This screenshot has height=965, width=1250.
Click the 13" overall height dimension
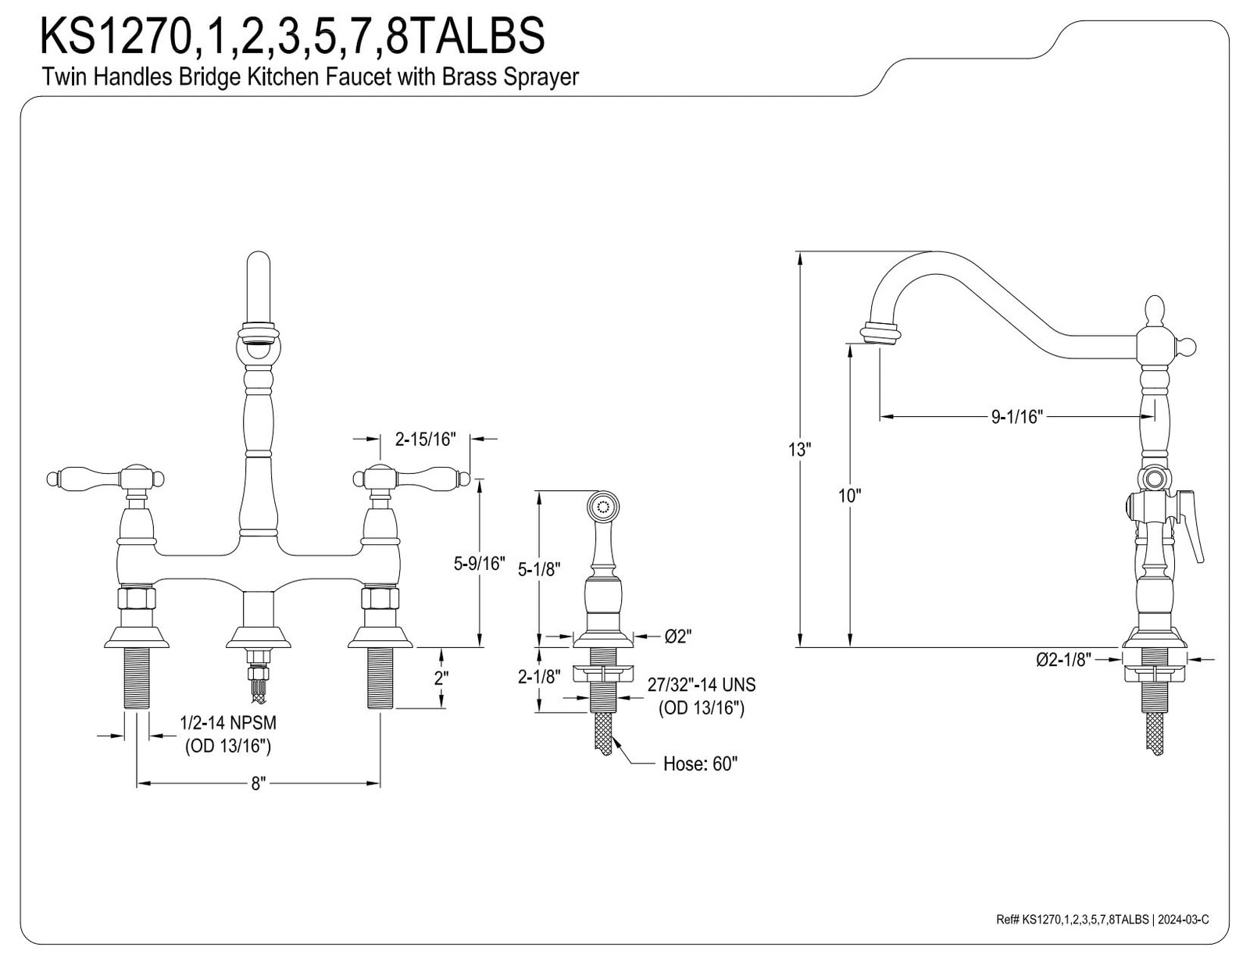click(799, 450)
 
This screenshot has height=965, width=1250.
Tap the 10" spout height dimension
click(849, 496)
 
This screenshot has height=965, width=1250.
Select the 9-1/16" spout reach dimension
click(1017, 417)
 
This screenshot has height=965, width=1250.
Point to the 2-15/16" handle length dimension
click(425, 439)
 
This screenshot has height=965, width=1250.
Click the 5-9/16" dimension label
click(479, 564)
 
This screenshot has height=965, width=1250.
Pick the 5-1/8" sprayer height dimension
click(539, 569)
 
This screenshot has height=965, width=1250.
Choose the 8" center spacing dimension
click(259, 784)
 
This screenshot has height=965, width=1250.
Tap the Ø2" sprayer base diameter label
click(677, 636)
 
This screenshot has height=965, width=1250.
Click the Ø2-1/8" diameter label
click(1063, 659)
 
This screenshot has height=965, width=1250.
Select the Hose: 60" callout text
click(700, 764)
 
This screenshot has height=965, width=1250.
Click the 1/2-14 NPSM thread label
click(228, 722)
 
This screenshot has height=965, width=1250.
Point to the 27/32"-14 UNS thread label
click(702, 685)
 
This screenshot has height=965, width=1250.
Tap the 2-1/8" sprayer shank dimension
click(539, 677)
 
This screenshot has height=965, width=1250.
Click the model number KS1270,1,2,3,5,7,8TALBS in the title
click(291, 36)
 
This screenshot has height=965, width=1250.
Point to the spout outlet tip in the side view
click(880, 337)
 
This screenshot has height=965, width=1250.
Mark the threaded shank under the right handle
click(380, 678)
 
